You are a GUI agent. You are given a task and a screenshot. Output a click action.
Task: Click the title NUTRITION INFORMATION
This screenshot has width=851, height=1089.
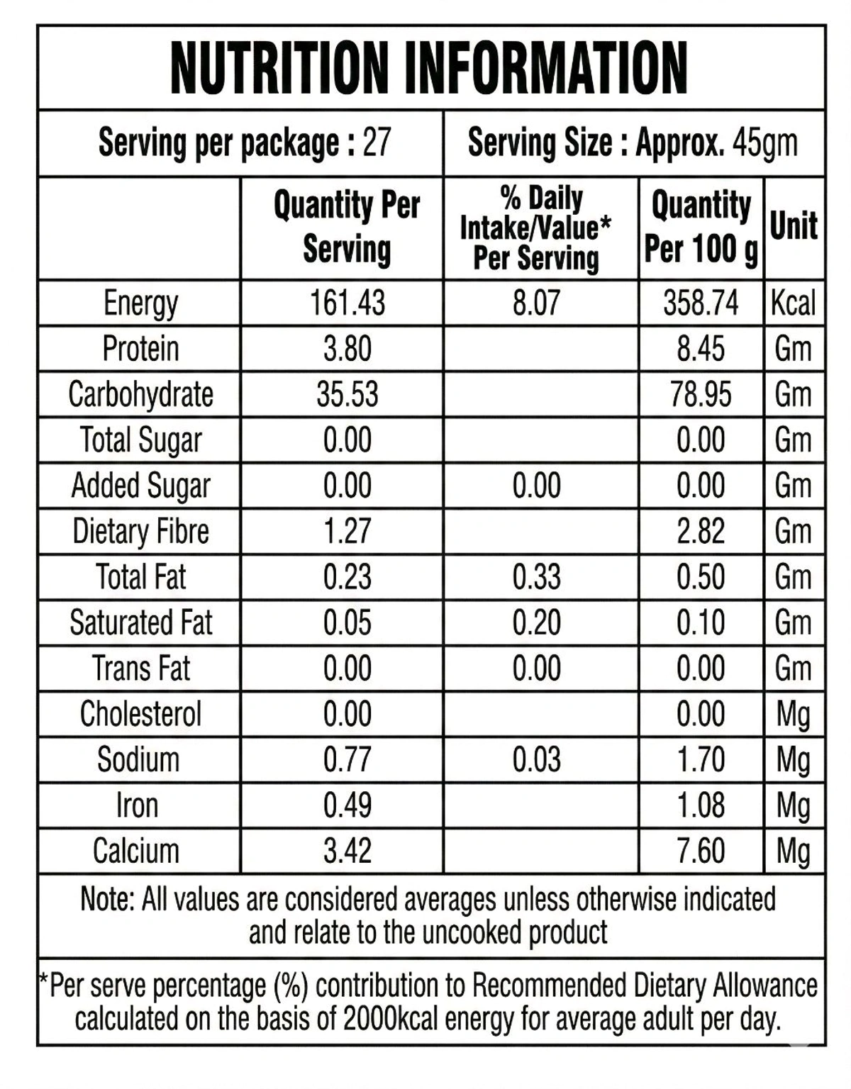coord(429,68)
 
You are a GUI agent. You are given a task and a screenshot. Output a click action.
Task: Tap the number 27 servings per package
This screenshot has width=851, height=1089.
coord(377,143)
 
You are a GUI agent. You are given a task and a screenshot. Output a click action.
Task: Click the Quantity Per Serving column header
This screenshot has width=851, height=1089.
coord(347,227)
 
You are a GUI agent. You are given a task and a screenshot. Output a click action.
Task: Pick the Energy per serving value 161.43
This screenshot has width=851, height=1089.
coord(347,303)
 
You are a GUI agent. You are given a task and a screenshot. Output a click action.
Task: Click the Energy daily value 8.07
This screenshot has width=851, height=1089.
coord(536,303)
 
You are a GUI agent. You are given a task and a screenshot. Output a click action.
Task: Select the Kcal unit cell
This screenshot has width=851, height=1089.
coord(794,303)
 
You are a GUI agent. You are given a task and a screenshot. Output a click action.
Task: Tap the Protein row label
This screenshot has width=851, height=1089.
coord(140,349)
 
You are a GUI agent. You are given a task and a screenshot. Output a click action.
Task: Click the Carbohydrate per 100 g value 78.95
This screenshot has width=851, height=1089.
coord(701,394)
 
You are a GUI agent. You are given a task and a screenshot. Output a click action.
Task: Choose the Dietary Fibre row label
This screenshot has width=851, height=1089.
coord(140,531)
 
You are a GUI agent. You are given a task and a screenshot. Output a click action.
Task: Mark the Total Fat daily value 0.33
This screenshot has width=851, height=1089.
coord(536,576)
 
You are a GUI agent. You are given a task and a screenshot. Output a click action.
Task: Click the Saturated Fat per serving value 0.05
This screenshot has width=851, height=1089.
coord(347,622)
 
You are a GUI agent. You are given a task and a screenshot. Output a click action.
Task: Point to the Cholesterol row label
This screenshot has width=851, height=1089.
coord(140,714)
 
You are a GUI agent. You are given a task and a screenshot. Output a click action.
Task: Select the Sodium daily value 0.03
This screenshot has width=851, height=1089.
coord(536,759)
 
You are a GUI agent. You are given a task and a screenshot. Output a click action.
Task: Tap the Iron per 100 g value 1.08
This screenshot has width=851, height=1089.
coord(701,805)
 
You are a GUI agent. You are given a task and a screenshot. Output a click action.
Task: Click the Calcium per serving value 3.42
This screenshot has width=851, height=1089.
coord(347,851)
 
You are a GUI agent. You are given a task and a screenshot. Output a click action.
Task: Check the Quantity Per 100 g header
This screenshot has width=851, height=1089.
coord(701,227)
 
